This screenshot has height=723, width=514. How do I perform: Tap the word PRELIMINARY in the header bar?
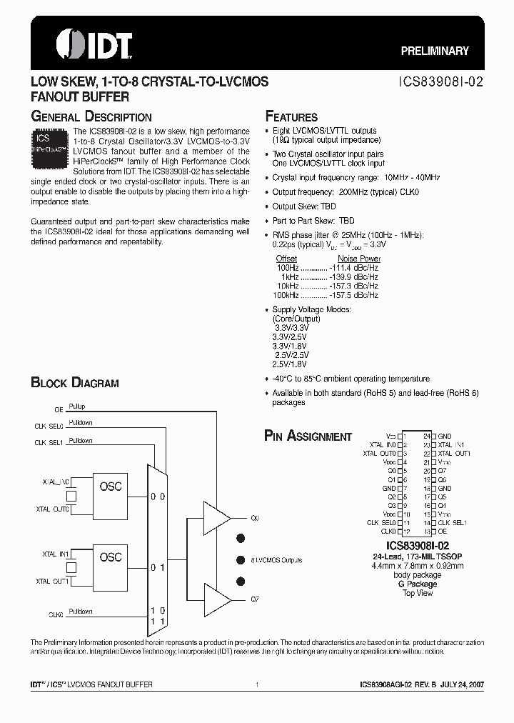434,51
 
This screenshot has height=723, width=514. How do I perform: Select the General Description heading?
91,116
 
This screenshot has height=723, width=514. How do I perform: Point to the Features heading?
291,116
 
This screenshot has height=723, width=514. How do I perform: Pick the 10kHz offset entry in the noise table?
288,286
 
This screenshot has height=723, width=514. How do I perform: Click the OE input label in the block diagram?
59,410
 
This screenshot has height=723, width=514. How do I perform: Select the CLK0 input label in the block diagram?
56,614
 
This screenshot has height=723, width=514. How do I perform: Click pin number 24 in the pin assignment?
427,435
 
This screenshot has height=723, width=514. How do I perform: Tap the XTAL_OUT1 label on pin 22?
454,453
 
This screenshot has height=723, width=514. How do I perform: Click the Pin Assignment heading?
308,436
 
